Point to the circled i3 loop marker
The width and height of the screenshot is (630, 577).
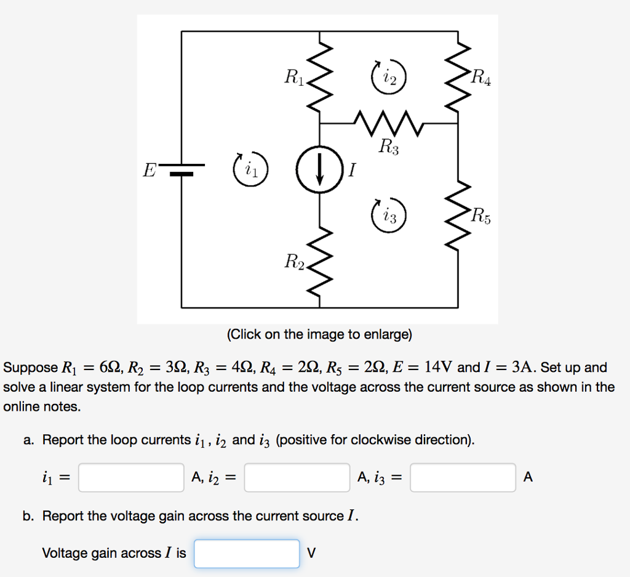tap(389, 216)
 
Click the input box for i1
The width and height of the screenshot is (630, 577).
tap(131, 477)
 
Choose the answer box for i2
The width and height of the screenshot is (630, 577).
tap(297, 477)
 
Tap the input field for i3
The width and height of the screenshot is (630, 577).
tap(463, 477)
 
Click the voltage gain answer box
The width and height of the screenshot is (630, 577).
tap(247, 553)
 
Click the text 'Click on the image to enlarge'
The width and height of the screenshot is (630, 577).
tap(319, 334)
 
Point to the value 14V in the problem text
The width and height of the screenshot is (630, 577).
tap(439, 368)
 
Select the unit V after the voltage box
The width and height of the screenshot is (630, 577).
tap(311, 553)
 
